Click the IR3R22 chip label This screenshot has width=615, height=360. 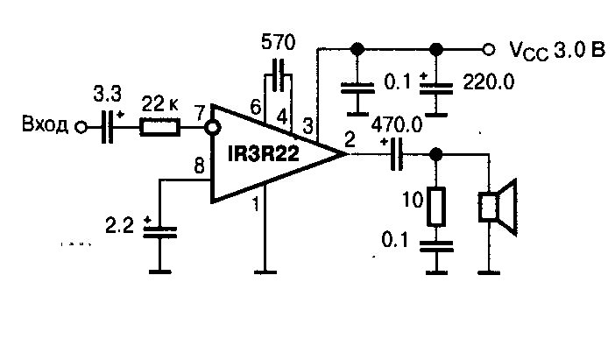coord(264,153)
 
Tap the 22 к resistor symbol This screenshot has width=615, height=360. coord(160,127)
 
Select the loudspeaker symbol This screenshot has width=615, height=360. coord(498,207)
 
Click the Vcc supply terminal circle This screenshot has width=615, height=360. coord(488,49)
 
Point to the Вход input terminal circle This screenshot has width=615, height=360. coord(81,128)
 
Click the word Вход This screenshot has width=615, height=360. coord(45,124)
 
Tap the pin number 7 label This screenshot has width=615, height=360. coord(200,113)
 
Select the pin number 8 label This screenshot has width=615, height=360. coord(199,166)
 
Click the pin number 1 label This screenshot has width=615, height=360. coord(256,204)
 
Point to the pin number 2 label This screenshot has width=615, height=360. coord(350,139)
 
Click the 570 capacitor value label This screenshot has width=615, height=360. coord(278,42)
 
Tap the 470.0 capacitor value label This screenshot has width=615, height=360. coord(397,125)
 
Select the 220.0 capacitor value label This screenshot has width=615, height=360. coord(489,82)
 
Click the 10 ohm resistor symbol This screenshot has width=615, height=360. coord(436,207)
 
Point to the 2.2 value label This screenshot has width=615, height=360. coord(119,226)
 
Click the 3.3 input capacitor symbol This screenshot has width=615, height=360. coord(107,127)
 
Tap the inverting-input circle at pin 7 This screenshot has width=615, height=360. coord(213,128)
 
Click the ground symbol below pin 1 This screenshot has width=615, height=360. coord(265,272)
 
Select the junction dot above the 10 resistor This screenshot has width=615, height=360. coord(435,154)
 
